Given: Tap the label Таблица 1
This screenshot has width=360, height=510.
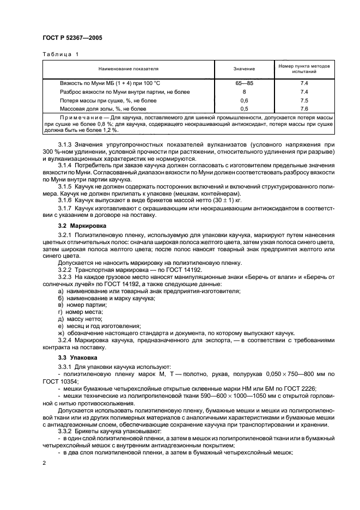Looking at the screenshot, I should [x=60, y=54].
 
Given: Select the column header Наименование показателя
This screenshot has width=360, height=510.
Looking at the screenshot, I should [x=128, y=69].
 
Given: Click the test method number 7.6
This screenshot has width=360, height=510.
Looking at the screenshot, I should [x=304, y=110].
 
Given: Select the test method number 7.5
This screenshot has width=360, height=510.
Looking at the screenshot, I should [x=304, y=101].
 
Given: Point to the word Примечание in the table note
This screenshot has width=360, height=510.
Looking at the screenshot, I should [x=81, y=119].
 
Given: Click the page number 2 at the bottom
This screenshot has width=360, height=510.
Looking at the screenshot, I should [x=44, y=463].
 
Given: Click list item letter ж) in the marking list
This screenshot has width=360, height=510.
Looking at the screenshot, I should [x=61, y=332].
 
